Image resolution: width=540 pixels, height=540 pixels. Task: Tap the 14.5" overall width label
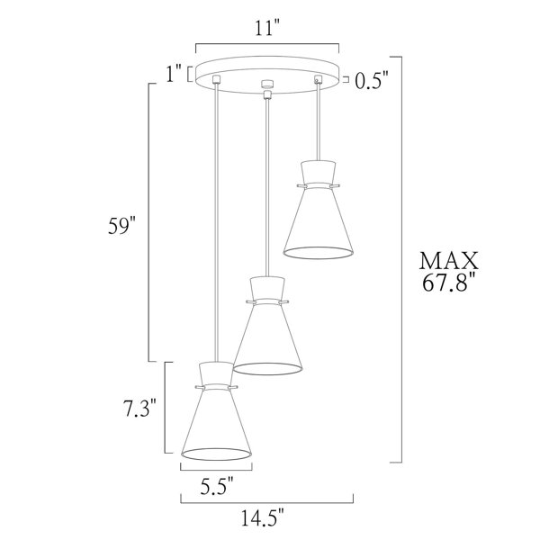[266, 519]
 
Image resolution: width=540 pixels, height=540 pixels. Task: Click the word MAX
[448, 262]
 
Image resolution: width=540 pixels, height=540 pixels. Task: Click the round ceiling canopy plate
[267, 69]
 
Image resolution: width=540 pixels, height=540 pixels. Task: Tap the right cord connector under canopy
[318, 81]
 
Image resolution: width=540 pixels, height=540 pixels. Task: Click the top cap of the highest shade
[318, 172]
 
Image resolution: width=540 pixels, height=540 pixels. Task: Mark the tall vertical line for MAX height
[400, 261]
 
